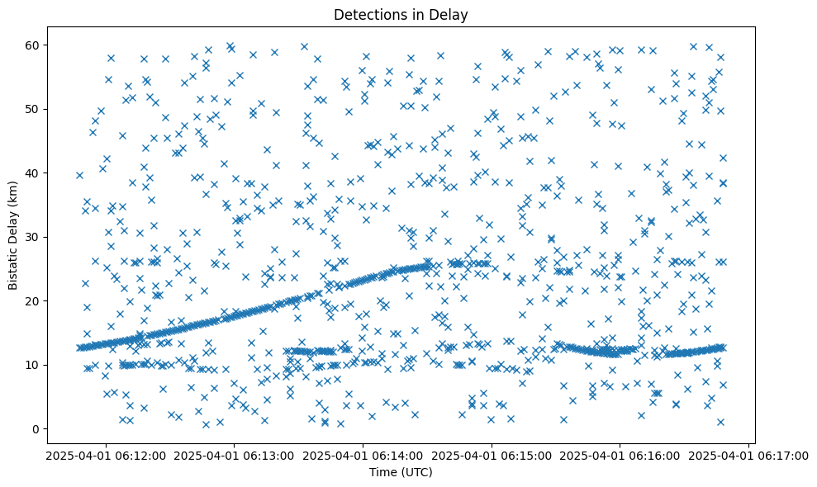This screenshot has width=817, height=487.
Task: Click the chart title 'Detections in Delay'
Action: click(x=400, y=14)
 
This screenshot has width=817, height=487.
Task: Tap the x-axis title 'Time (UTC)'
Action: click(x=400, y=472)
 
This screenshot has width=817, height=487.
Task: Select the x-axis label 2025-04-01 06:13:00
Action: click(x=234, y=456)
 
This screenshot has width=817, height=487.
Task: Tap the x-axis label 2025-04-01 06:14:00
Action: click(x=363, y=456)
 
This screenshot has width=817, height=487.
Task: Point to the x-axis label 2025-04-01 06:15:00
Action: click(x=492, y=456)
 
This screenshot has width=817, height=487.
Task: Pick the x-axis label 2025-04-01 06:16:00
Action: click(x=621, y=456)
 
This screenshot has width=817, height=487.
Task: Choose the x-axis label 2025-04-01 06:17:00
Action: click(x=750, y=456)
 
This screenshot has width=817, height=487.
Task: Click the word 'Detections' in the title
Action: click(x=365, y=14)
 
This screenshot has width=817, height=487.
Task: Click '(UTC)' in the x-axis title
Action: click(x=416, y=472)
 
